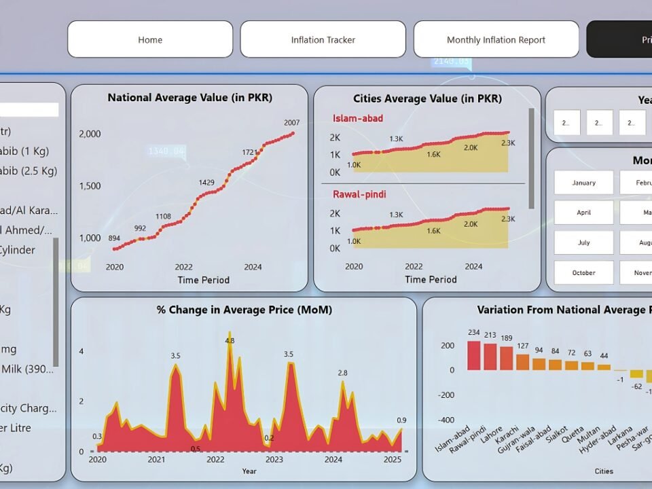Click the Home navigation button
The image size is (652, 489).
[x=150, y=39]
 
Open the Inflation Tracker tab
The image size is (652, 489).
[x=323, y=39]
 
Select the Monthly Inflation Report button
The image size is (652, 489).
[x=496, y=39]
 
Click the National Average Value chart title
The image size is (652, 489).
[x=189, y=98]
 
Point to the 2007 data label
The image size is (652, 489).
[x=291, y=122]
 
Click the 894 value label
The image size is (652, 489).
[x=115, y=238]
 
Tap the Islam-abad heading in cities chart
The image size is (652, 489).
[x=357, y=119]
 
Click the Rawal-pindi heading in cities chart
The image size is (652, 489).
[x=359, y=194]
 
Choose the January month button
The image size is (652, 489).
[x=583, y=183]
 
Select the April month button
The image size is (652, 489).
[x=583, y=213]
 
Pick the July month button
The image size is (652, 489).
[x=583, y=242]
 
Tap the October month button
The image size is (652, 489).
[x=583, y=272]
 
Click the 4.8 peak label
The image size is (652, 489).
[x=230, y=340]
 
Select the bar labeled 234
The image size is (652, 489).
[x=474, y=355]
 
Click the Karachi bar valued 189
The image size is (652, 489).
[x=507, y=358]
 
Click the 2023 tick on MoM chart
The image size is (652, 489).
[x=274, y=460]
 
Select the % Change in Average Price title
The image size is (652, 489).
[x=244, y=310]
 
